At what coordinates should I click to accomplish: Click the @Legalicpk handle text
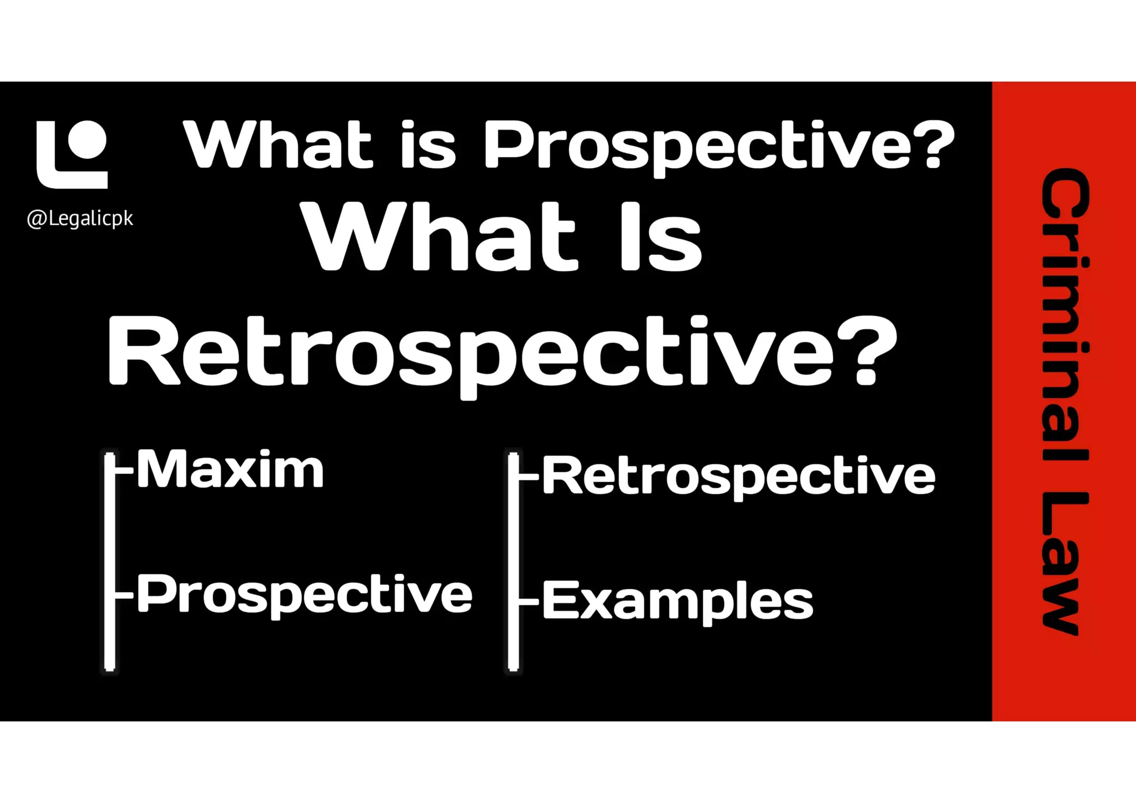(80, 219)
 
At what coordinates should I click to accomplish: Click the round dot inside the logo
(87, 139)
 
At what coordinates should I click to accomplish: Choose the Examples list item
(677, 601)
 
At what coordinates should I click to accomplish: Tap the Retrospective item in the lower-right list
(738, 476)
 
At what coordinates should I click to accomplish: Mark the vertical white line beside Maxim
(110, 560)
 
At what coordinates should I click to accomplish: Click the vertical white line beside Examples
(514, 560)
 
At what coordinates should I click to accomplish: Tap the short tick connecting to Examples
(529, 601)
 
